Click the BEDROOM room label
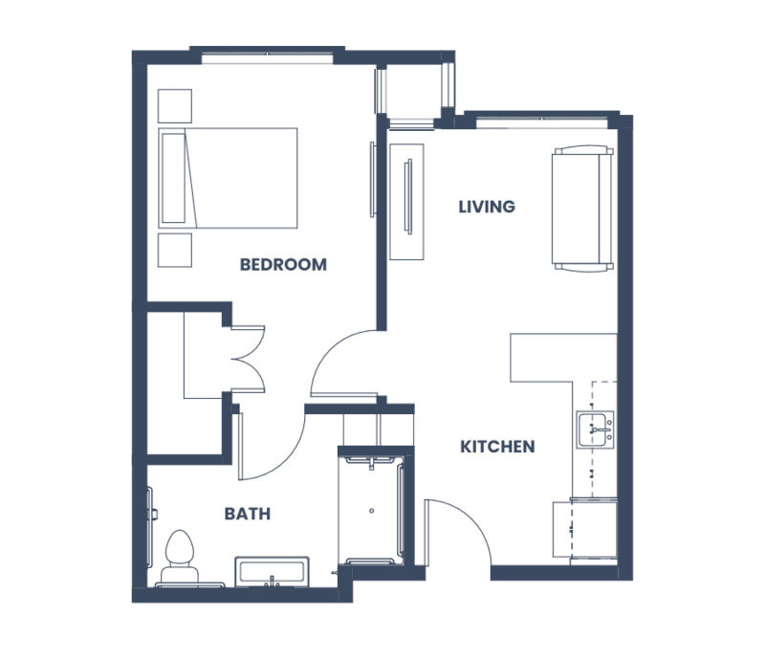click(283, 265)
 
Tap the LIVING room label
click(487, 207)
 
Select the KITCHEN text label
click(497, 447)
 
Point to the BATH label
click(248, 514)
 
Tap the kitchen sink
click(595, 429)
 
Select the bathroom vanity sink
click(272, 572)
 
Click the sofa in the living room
click(582, 209)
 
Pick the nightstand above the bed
click(175, 106)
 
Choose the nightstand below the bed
click(175, 251)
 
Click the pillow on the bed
click(173, 178)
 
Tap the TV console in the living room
click(406, 202)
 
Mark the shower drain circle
click(372, 511)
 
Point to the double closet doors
click(249, 359)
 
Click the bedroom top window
click(268, 58)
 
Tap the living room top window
click(541, 122)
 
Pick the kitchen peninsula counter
click(563, 358)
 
